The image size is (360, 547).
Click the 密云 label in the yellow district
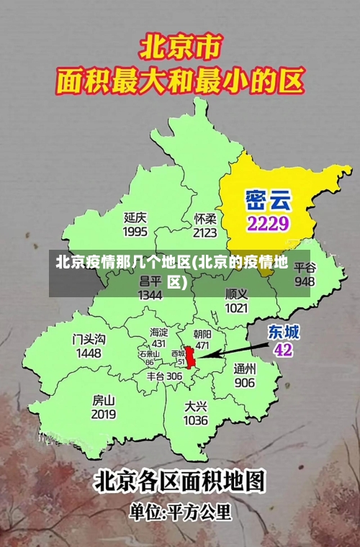coord(267,197)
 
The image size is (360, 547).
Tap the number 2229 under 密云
coord(268,222)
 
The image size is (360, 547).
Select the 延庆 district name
coord(135,217)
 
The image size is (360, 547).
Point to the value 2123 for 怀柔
coord(205,232)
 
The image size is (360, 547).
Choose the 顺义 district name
coord(236,294)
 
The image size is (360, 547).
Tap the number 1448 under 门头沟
coord(89,353)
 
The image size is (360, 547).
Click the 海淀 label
coord(158,333)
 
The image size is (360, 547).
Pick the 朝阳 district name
coord(202,335)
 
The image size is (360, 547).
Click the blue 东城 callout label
coord(284,332)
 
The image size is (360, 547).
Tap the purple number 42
coord(284,350)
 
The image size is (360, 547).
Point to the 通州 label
coord(245,369)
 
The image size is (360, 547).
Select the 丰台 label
coord(156,376)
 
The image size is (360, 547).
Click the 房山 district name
coord(104,400)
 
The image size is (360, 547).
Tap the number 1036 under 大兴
coord(195,420)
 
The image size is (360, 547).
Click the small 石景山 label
coord(150,354)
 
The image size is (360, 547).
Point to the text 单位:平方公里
coord(180,512)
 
